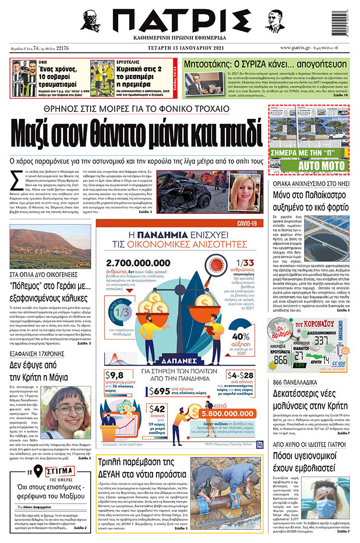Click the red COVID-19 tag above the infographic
coord(250,223)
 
